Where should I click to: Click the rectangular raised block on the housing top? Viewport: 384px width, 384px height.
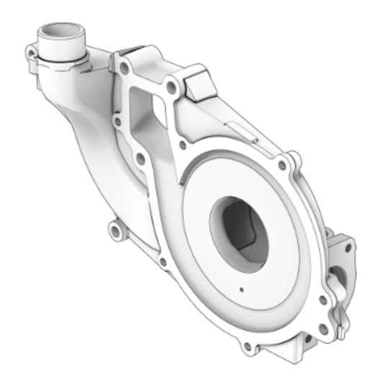(200, 84)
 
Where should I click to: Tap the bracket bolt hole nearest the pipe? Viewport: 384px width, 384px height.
(125, 68)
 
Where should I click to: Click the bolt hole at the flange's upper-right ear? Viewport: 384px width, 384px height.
(292, 157)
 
